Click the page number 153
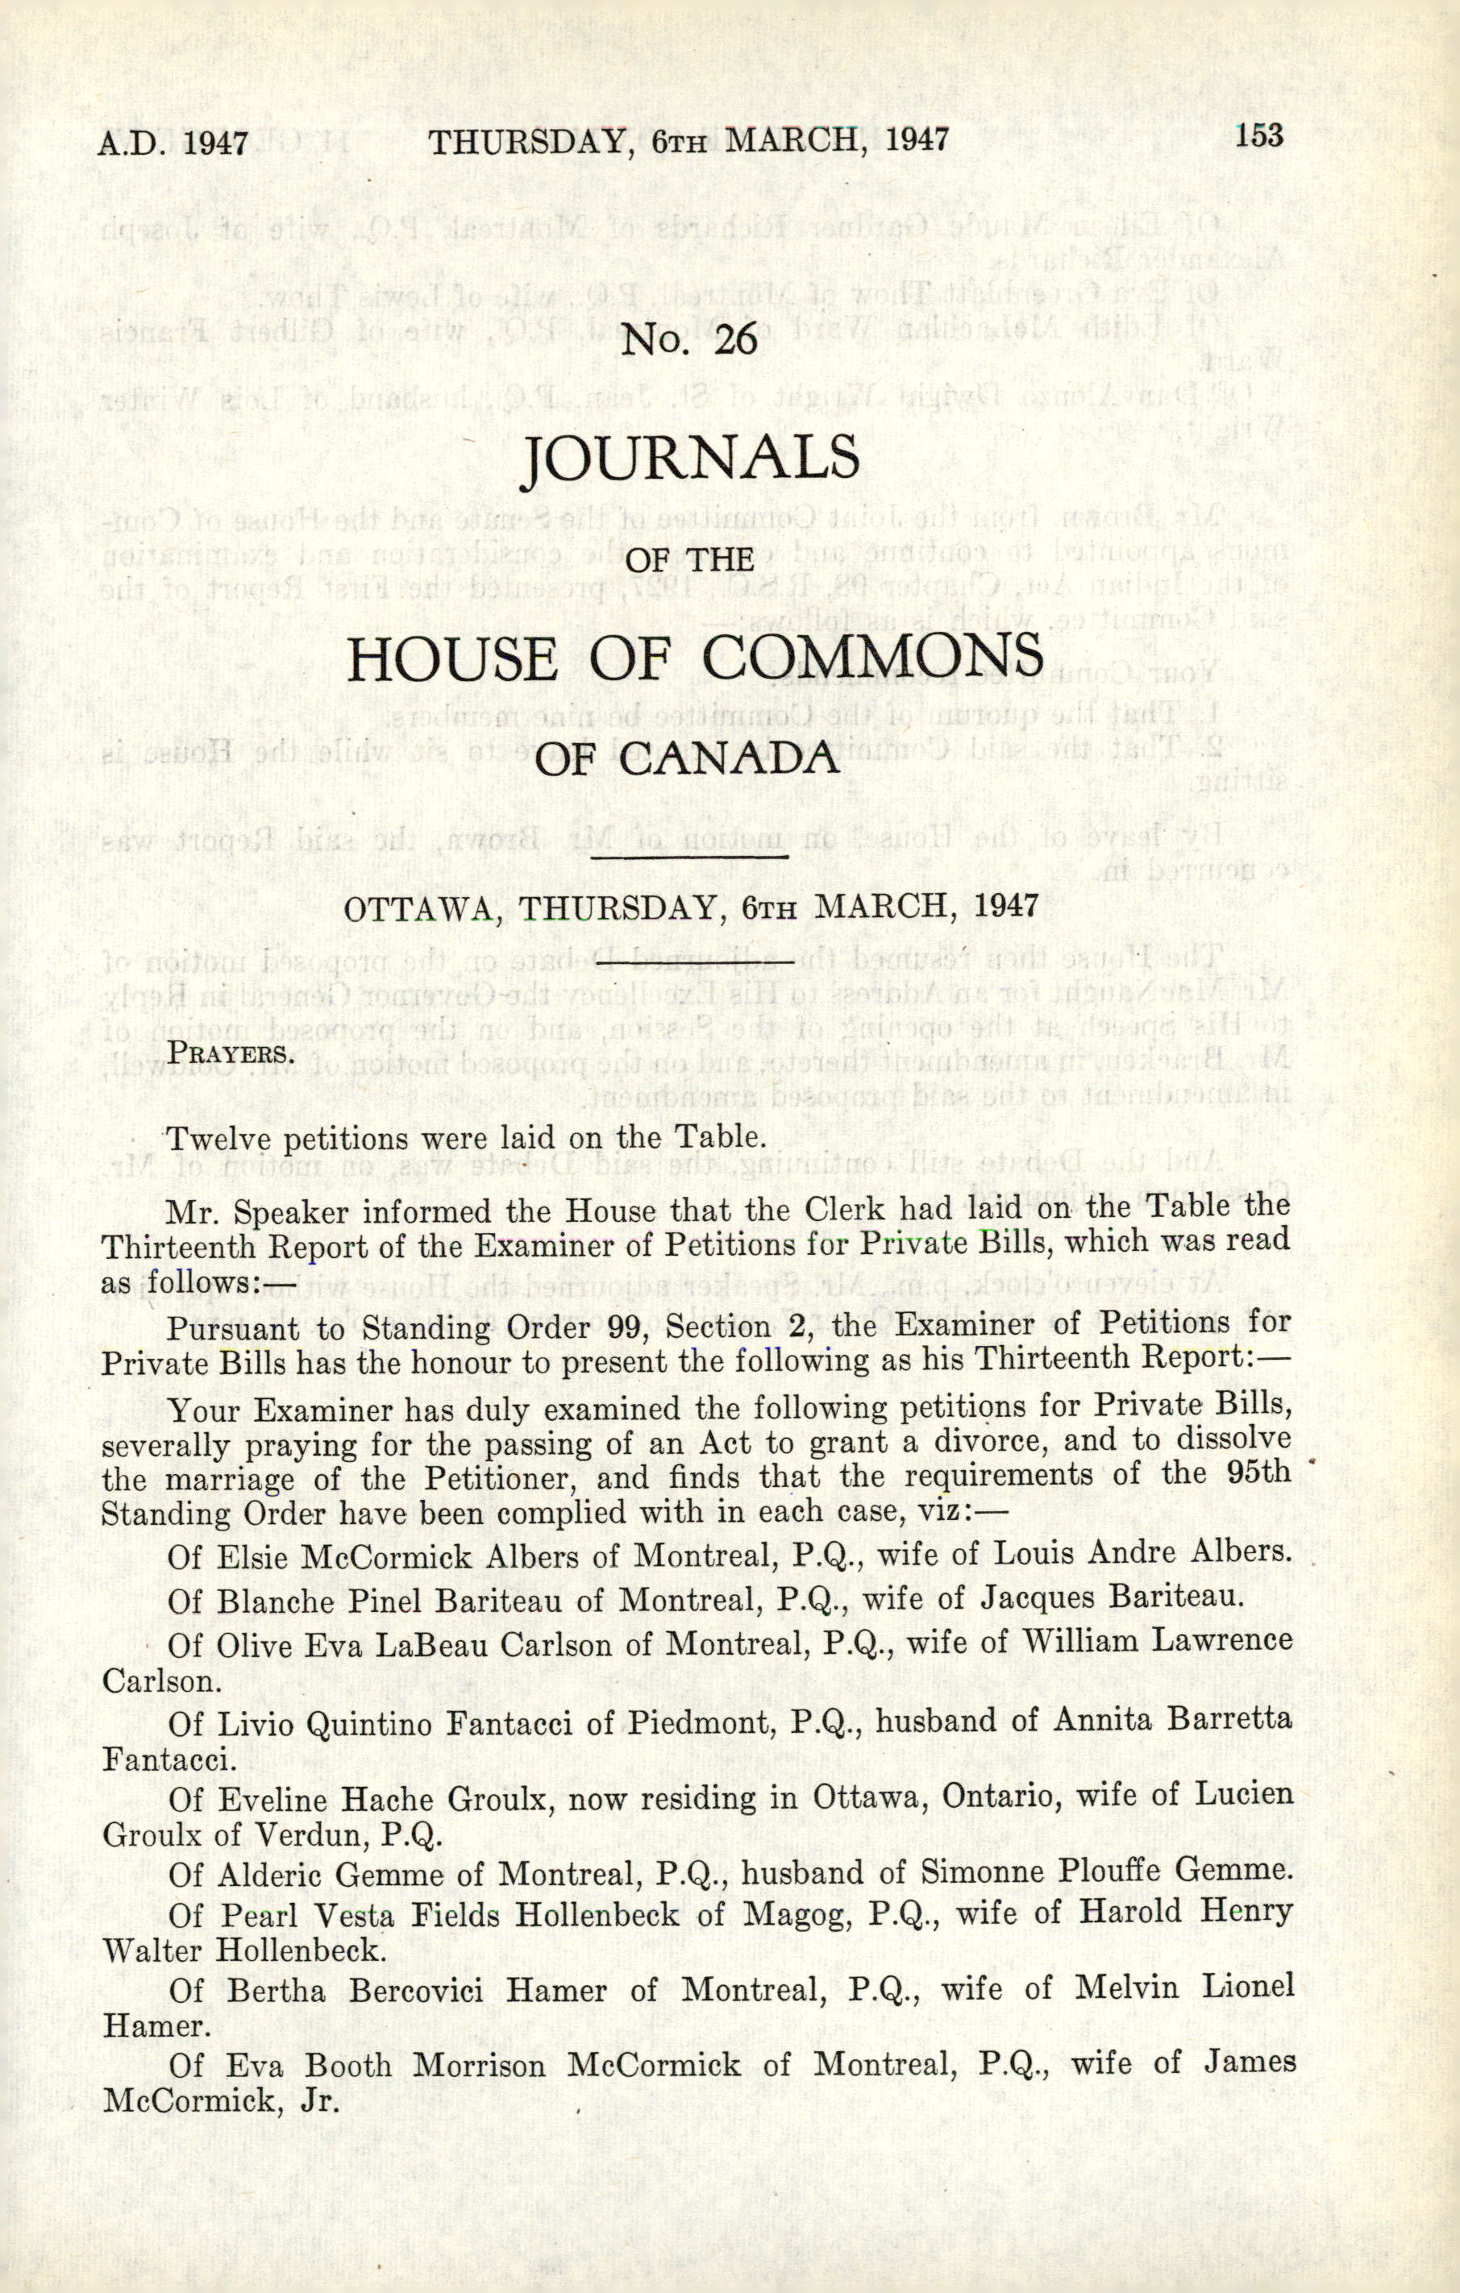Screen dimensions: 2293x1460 point(1259,135)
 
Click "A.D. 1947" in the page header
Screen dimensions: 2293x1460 point(173,143)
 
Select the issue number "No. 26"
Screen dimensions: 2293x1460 point(688,340)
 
